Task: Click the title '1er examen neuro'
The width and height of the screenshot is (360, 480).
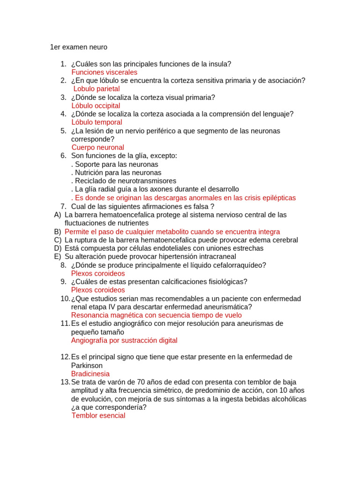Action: (x=78, y=47)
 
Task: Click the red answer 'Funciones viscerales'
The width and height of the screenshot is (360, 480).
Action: (x=104, y=72)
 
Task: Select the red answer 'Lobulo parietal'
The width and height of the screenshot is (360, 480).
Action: (x=97, y=89)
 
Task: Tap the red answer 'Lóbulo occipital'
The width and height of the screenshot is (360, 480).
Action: (x=96, y=105)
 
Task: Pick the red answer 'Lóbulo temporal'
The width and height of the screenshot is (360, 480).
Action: (x=97, y=122)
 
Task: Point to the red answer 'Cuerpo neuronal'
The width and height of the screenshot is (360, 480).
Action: (x=97, y=147)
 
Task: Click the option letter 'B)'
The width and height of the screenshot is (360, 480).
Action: (x=58, y=232)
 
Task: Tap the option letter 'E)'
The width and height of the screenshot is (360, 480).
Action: (x=58, y=256)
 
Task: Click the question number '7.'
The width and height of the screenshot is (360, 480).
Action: (x=63, y=206)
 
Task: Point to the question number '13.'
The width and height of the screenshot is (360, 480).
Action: (x=65, y=382)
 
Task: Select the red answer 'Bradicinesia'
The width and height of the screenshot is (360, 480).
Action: (x=90, y=374)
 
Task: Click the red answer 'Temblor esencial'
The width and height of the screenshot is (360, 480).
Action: (x=98, y=415)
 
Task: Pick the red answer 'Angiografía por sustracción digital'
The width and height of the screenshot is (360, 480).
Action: (x=124, y=340)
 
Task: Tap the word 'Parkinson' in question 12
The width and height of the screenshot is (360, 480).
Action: (x=87, y=365)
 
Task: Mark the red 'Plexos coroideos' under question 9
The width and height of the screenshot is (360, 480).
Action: (x=98, y=290)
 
